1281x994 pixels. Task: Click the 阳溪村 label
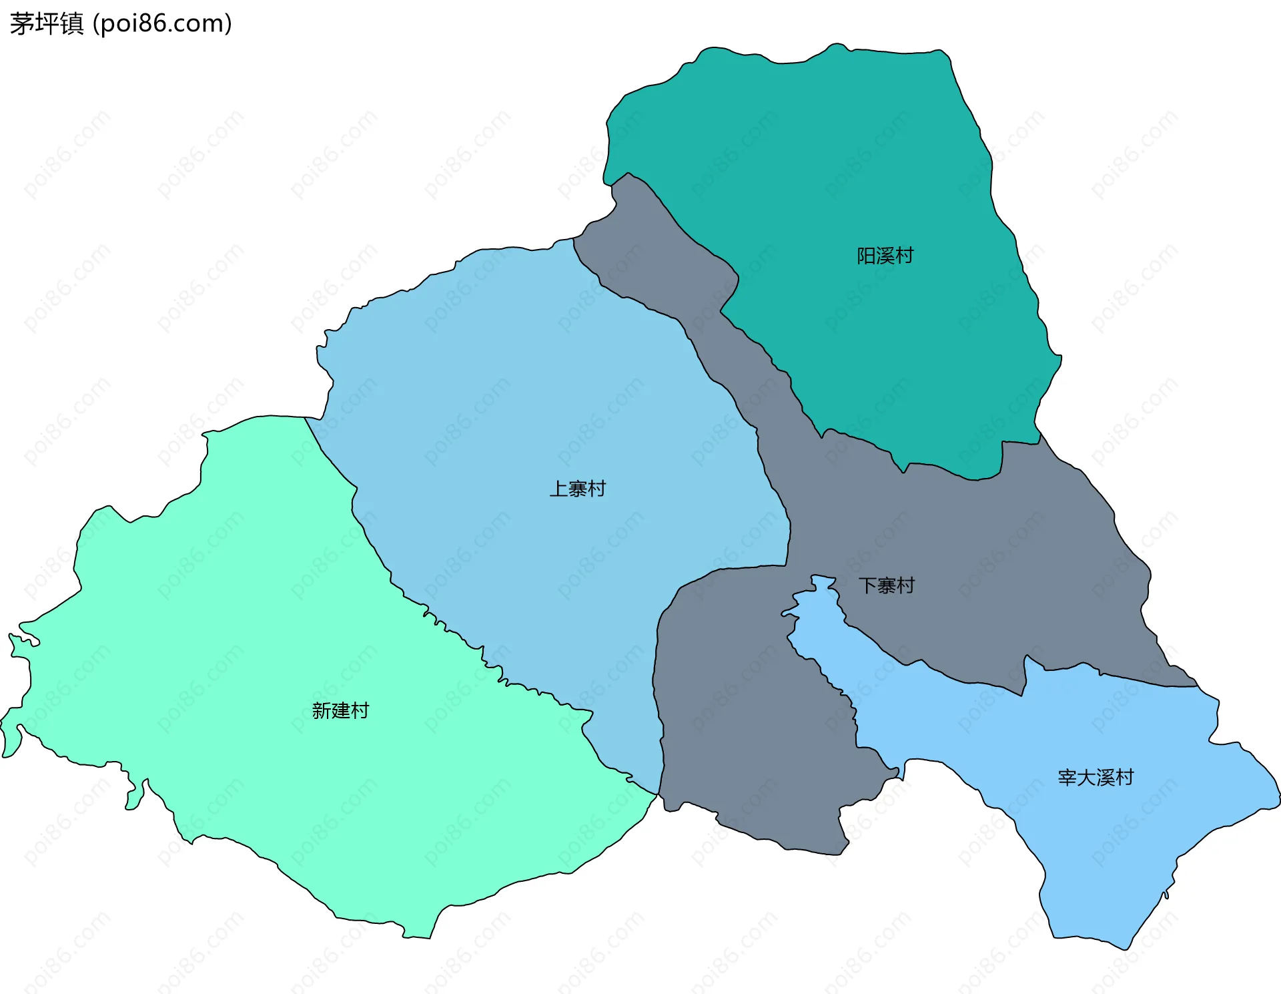click(x=885, y=256)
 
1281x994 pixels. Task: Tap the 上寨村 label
click(x=577, y=489)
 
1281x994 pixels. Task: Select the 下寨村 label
click(x=886, y=585)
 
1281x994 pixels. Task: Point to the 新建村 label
click(x=340, y=710)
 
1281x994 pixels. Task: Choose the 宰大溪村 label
click(x=1096, y=777)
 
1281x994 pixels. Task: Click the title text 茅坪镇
click(x=47, y=23)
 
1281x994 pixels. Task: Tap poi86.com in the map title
click(x=162, y=23)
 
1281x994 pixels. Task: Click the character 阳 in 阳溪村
click(x=866, y=256)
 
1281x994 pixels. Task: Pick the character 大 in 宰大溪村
click(x=1086, y=777)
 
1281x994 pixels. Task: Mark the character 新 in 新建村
click(x=322, y=710)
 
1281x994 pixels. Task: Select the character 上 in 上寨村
click(x=558, y=489)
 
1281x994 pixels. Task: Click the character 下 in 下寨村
click(x=867, y=585)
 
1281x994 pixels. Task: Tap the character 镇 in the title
click(x=71, y=23)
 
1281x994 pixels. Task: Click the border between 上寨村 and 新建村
click(x=427, y=611)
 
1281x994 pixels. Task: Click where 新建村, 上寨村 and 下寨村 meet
click(x=659, y=794)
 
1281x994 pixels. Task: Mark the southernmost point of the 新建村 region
click(x=417, y=937)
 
